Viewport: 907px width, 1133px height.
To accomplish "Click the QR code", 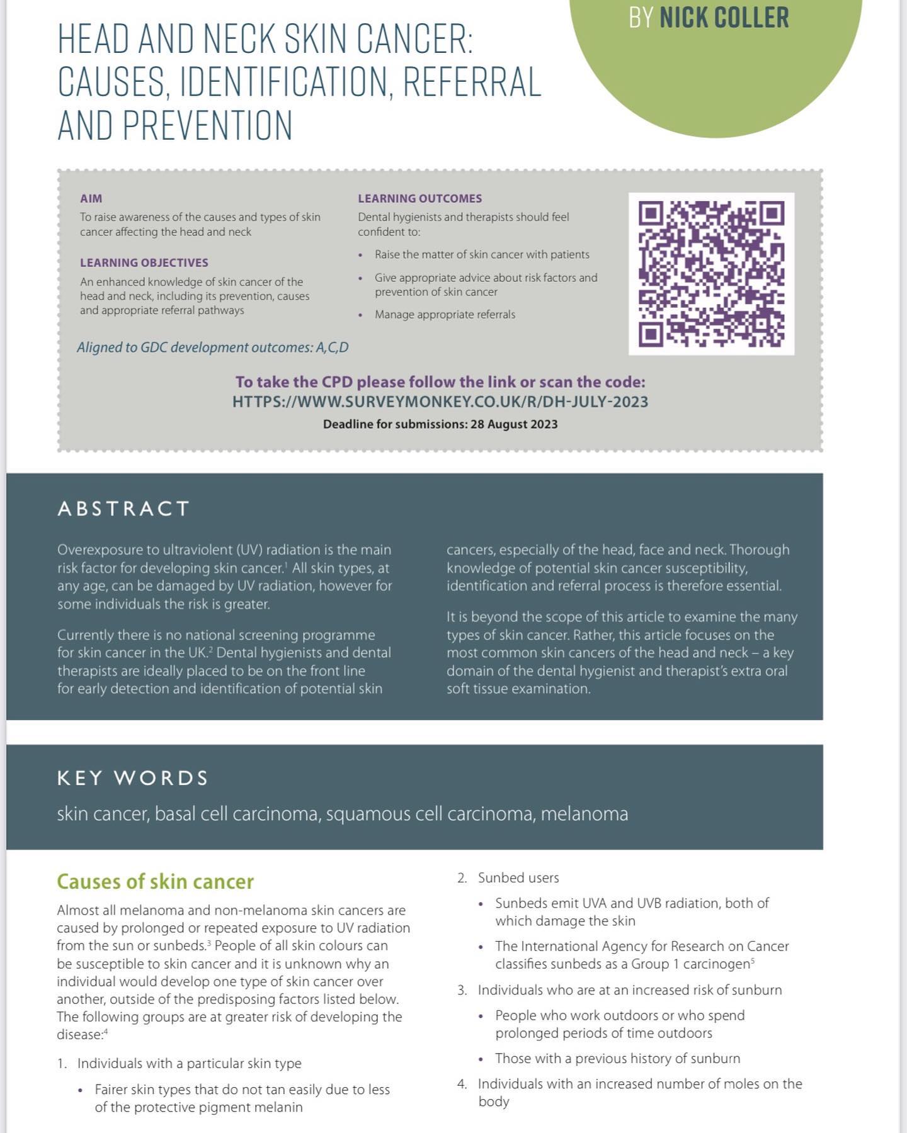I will coord(711,274).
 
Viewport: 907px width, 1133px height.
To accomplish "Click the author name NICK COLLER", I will coord(724,17).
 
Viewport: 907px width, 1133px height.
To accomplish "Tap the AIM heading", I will coord(91,198).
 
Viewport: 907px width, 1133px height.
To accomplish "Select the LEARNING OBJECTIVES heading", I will coord(144,262).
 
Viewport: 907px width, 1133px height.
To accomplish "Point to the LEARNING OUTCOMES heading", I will coord(419,198).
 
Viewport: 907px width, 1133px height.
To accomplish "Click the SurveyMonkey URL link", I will coord(440,402).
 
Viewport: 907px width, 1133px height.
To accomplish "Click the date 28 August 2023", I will coord(513,424).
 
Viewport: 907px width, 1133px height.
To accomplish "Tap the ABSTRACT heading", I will coord(123,509).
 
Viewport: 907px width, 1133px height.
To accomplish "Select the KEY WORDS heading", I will coord(132,778).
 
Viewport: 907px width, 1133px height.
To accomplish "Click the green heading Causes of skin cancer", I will coord(155,881).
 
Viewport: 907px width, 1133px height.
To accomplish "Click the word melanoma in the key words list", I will coord(584,814).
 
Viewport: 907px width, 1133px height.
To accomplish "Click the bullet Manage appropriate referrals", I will coord(445,314).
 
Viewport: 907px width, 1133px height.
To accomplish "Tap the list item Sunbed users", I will coord(518,877).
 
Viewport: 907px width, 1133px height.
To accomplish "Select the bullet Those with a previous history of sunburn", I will coord(617,1058).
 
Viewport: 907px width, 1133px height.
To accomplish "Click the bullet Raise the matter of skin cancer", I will coord(482,254).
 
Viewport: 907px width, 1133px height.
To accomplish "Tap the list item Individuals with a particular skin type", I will coord(189,1063).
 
